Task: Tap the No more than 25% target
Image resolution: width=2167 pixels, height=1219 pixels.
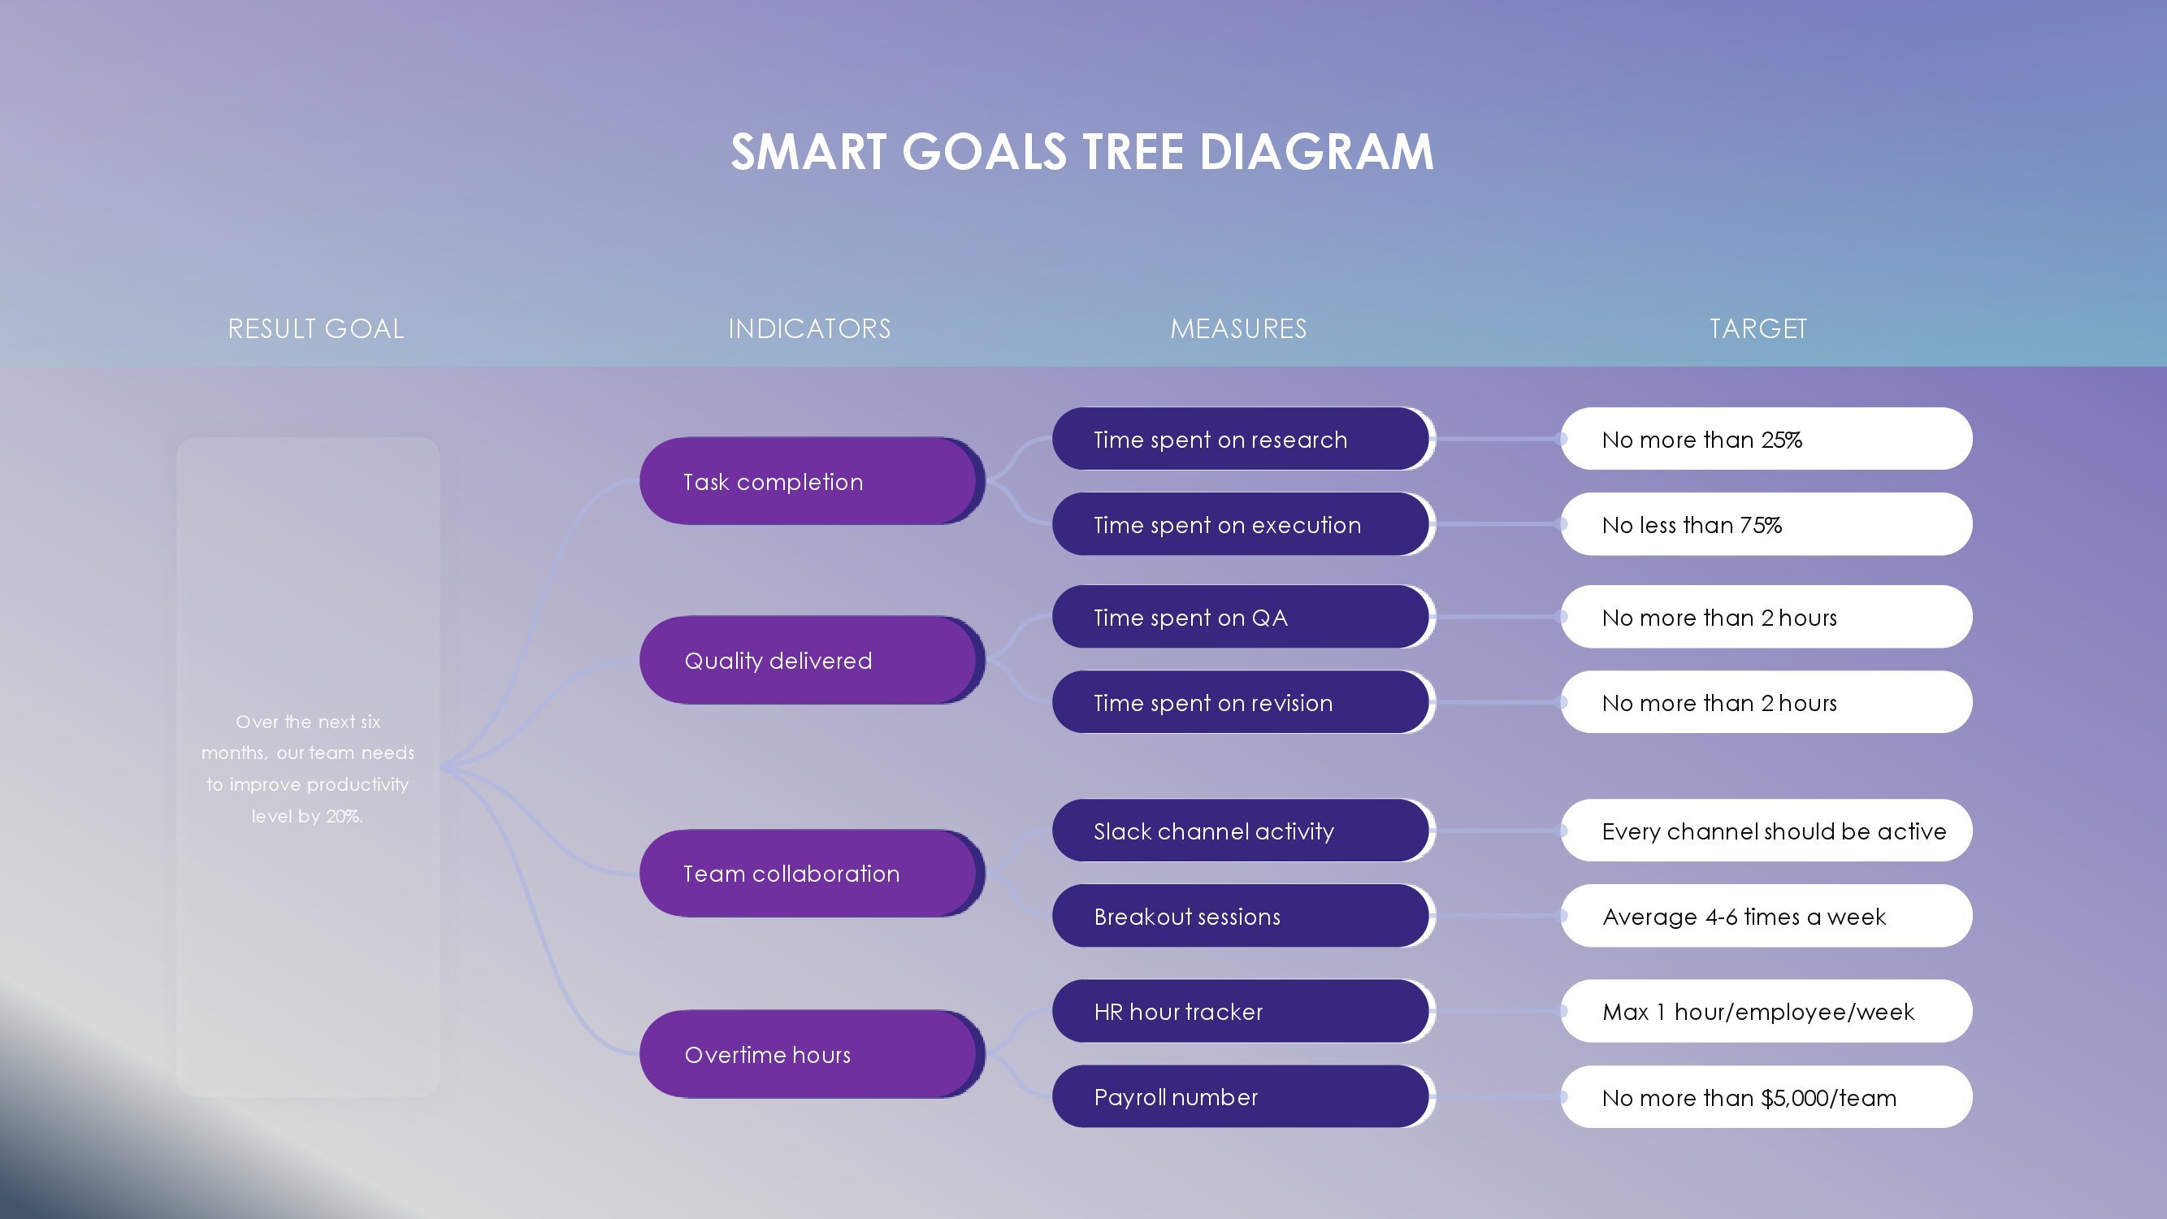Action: [x=1766, y=439]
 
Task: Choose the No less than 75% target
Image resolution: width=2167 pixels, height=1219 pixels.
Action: [x=1766, y=524]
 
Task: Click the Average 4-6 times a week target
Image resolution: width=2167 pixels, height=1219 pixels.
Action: [x=1766, y=916]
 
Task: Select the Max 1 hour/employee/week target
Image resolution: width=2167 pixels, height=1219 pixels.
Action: [x=1766, y=1011]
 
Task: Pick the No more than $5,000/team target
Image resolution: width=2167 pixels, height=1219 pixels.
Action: [x=1766, y=1097]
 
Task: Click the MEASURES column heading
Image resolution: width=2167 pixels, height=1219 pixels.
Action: [x=1238, y=329]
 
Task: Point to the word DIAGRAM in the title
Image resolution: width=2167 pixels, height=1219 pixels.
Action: [x=1315, y=152]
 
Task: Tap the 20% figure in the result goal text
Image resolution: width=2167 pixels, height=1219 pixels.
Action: [x=343, y=816]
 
